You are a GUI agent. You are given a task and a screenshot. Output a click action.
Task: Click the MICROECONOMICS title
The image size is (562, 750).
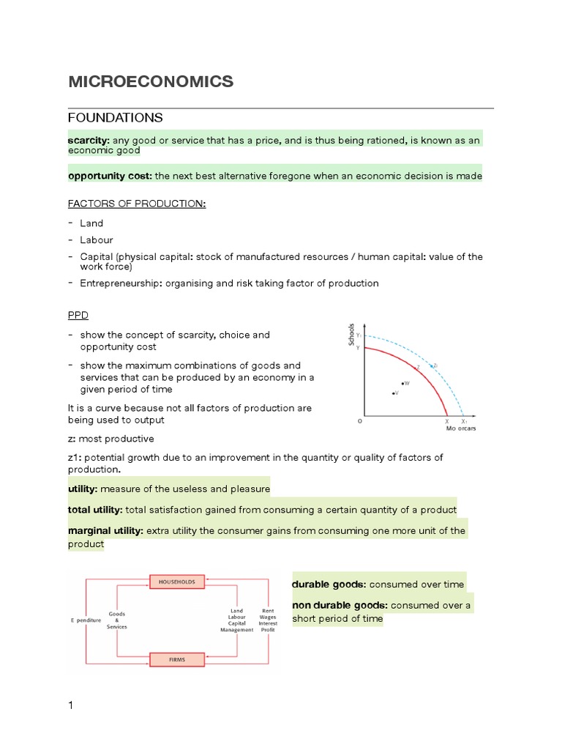pyautogui.click(x=151, y=82)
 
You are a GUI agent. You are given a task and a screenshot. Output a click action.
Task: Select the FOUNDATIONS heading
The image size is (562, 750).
pyautogui.click(x=115, y=118)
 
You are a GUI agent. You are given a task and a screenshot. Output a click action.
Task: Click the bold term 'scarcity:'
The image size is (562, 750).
pyautogui.click(x=89, y=140)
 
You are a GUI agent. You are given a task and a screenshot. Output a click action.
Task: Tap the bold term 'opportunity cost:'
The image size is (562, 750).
pyautogui.click(x=110, y=176)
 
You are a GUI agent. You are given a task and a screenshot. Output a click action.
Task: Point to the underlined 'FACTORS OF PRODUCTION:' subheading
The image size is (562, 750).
pyautogui.click(x=137, y=203)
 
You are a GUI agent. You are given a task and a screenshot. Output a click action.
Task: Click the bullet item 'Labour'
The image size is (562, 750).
pyautogui.click(x=96, y=240)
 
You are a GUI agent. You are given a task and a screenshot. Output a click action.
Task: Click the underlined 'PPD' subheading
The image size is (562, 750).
pyautogui.click(x=78, y=315)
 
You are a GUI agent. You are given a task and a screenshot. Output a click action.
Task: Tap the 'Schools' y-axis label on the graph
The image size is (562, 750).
pyautogui.click(x=352, y=334)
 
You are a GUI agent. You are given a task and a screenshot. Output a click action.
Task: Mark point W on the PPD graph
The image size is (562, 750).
pyautogui.click(x=402, y=383)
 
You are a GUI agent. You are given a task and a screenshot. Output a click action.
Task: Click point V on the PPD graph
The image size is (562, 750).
pyautogui.click(x=394, y=393)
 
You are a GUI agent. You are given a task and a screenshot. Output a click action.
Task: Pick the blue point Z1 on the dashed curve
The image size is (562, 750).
pyautogui.click(x=432, y=365)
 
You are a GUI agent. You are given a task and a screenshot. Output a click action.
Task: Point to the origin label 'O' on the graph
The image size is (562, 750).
pyautogui.click(x=359, y=422)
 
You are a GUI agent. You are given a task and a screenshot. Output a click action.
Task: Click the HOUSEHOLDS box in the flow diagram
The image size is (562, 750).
pyautogui.click(x=176, y=582)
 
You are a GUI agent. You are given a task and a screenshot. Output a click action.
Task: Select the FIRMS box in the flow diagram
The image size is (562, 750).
pyautogui.click(x=176, y=659)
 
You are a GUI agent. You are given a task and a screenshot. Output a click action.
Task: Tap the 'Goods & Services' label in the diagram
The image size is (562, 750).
pyautogui.click(x=116, y=620)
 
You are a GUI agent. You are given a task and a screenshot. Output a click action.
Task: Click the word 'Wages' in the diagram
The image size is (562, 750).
pyautogui.click(x=268, y=617)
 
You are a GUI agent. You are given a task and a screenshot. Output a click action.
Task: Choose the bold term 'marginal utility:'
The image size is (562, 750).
pyautogui.click(x=106, y=530)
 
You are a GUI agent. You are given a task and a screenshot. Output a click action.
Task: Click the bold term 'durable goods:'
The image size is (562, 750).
pyautogui.click(x=329, y=584)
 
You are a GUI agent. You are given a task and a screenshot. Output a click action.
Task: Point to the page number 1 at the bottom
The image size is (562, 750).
pyautogui.click(x=71, y=705)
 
